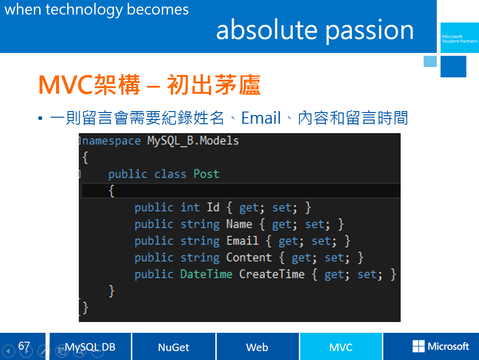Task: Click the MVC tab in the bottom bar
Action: [341, 346]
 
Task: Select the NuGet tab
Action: [174, 346]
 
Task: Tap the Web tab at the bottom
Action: [257, 346]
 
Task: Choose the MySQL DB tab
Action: [90, 346]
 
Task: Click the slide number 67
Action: [24, 345]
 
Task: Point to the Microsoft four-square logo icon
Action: [418, 346]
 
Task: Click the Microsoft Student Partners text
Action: [459, 39]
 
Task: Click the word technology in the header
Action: [84, 10]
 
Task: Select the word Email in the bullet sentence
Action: [261, 118]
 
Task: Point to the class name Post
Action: [206, 174]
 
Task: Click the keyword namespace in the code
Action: [112, 141]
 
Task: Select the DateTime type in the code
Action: [206, 274]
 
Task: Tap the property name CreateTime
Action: [272, 274]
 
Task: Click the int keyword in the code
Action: [190, 207]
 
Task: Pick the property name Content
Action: [249, 257]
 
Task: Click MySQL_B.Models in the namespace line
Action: [193, 141]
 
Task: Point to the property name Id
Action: [213, 207]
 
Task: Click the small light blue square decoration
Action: [430, 61]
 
